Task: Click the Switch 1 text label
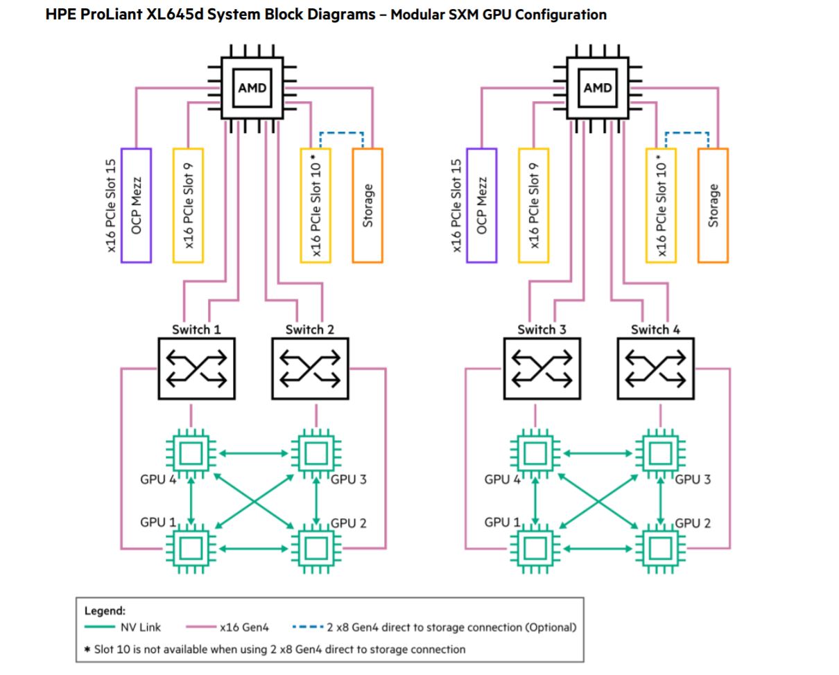click(x=196, y=329)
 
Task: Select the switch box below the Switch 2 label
click(x=310, y=368)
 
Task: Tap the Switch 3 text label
click(x=542, y=329)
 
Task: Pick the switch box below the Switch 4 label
click(x=655, y=368)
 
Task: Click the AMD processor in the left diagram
click(x=252, y=87)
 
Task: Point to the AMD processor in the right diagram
click(x=598, y=87)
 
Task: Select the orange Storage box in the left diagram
click(x=367, y=205)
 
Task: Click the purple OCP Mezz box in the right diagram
click(x=482, y=205)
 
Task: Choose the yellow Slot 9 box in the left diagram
click(x=188, y=205)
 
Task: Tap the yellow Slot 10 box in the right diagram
click(x=661, y=205)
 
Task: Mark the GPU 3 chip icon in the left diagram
click(x=311, y=454)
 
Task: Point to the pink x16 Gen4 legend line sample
click(x=201, y=627)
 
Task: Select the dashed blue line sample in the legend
click(x=307, y=627)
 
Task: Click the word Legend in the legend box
click(x=105, y=611)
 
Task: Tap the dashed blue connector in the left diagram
click(x=341, y=132)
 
